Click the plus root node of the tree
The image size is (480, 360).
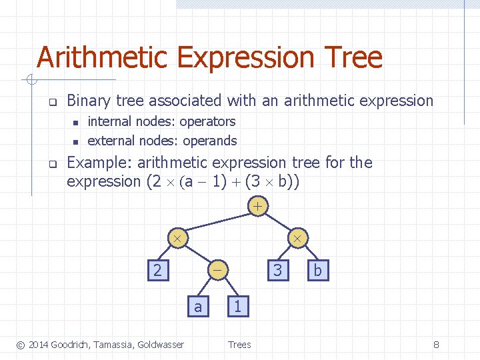click(257, 207)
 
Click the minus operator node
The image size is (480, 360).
click(218, 270)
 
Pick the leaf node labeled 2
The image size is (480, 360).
click(157, 270)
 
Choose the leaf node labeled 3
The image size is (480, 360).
click(278, 270)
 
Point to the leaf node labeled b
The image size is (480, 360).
click(317, 270)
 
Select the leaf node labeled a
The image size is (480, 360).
click(197, 306)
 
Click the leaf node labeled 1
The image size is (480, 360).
click(238, 306)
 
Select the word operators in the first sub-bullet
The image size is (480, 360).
click(207, 121)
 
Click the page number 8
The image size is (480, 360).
click(436, 345)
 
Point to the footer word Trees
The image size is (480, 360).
click(239, 345)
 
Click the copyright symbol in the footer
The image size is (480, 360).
click(21, 345)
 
